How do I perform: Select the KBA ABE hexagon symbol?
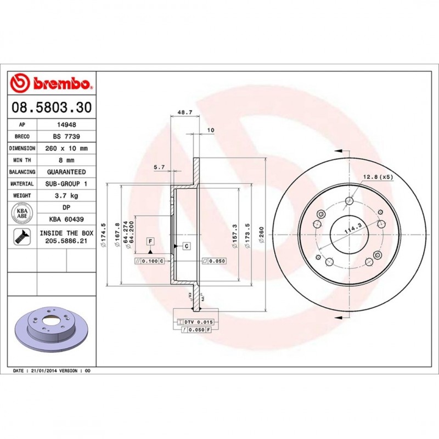[22, 213]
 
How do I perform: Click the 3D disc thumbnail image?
[52, 328]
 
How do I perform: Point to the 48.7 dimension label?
[184, 112]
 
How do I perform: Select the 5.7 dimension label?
[159, 168]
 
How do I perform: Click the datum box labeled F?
[149, 241]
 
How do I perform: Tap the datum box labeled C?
[186, 246]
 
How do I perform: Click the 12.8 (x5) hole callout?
[378, 177]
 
